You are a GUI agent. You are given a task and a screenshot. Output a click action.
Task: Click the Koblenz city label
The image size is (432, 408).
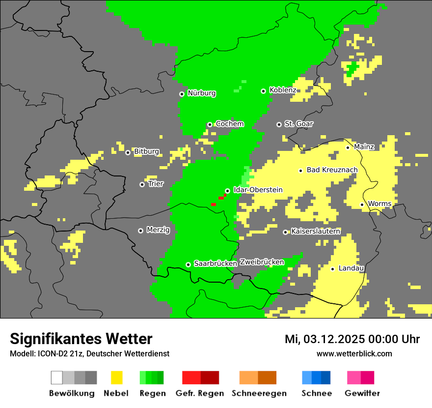[283, 90]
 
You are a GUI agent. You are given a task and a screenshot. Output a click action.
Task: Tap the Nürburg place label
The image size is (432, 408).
[201, 93]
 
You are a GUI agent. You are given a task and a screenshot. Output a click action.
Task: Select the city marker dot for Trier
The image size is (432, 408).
[142, 184]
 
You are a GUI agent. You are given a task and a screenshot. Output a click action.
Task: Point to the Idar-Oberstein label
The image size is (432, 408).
[258, 190]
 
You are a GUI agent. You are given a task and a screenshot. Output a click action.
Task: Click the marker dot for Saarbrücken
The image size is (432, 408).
[188, 264]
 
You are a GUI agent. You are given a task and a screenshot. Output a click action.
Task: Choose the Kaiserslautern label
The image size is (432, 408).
[315, 231]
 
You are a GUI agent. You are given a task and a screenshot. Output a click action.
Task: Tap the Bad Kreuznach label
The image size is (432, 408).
[332, 170]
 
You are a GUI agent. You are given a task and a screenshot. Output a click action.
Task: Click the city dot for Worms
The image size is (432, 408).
[362, 204]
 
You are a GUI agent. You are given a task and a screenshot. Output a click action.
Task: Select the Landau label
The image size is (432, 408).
[351, 268]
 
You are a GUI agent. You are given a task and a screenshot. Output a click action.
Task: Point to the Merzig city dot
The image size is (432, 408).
[140, 231]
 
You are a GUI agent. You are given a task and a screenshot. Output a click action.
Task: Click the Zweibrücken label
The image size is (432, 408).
[262, 262]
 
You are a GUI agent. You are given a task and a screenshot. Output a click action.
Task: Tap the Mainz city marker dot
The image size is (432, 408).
[348, 147]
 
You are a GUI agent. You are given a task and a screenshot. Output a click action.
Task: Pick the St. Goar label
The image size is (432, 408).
[298, 124]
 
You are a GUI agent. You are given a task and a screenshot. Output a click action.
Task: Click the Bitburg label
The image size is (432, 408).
[146, 151]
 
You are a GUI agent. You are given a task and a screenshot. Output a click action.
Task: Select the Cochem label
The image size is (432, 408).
[230, 124]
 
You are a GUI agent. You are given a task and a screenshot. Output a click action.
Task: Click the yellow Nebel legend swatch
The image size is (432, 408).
[117, 378]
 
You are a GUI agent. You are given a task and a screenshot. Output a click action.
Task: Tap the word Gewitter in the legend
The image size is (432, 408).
[362, 393]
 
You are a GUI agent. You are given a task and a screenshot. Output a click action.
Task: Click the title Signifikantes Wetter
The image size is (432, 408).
[81, 339]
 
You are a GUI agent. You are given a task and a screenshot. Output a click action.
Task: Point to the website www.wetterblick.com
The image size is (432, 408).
[354, 353]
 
